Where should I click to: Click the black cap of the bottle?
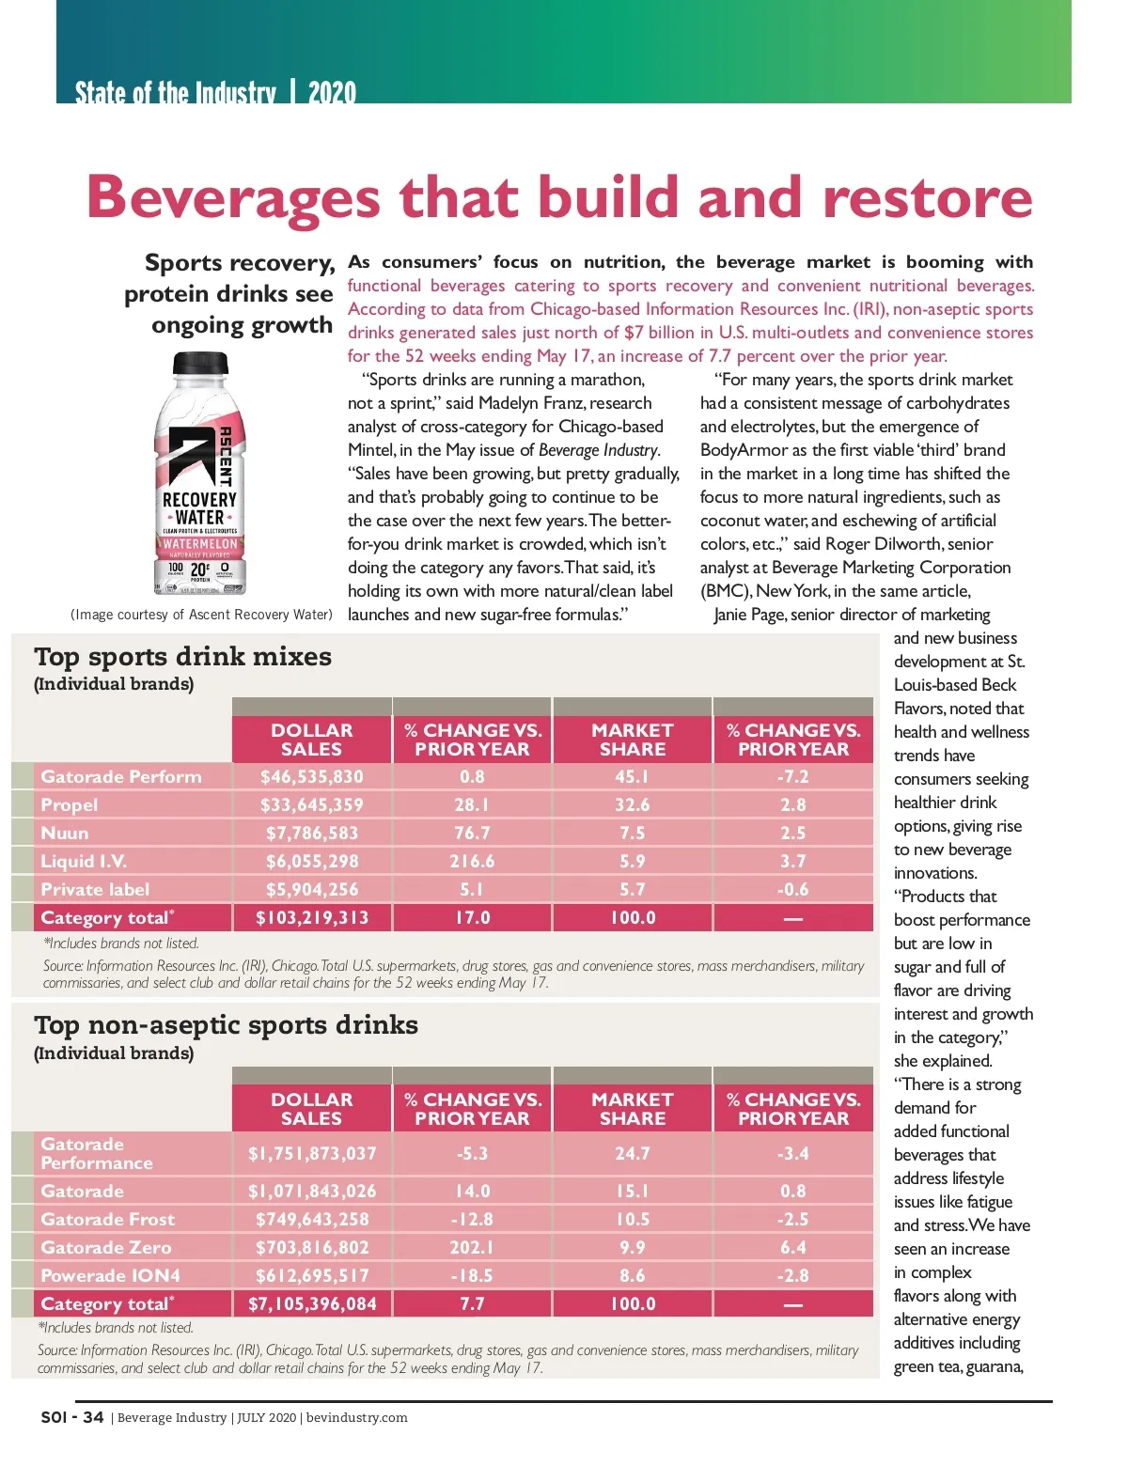(200, 363)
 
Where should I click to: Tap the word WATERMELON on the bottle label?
(200, 544)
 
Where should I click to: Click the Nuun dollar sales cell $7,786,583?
(311, 834)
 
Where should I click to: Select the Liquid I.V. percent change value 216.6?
(472, 862)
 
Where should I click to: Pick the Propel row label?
(70, 805)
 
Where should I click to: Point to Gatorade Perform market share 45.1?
(632, 777)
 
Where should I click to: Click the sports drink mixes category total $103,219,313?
(311, 918)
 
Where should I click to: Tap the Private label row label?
(95, 890)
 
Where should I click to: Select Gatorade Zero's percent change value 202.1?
(472, 1248)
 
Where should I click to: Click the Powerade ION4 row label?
(110, 1276)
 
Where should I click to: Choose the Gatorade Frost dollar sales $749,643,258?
(311, 1220)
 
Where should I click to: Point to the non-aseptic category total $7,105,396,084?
(311, 1304)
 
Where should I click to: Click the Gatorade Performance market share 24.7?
(632, 1154)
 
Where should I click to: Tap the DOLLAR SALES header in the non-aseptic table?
(311, 1109)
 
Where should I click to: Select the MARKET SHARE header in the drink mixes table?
(632, 740)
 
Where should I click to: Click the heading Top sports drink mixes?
(182, 657)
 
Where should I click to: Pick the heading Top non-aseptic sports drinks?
(226, 1025)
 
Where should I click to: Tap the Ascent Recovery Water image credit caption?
(201, 615)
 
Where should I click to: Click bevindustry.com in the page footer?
(357, 1418)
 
